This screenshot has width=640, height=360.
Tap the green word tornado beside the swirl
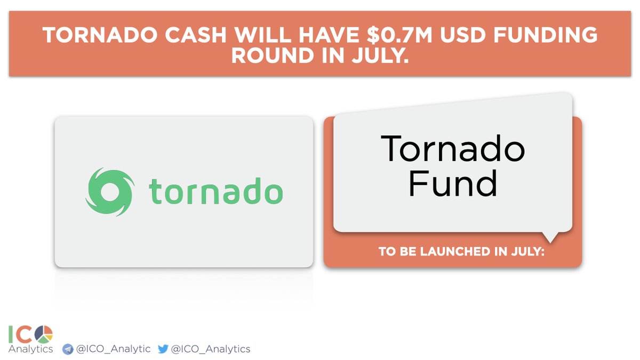point(215,191)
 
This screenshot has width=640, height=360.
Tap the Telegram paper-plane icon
point(68,349)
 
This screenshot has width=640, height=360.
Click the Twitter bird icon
point(163,349)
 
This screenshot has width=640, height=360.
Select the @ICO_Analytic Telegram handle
point(113,349)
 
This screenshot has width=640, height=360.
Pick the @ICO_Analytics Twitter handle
point(210,349)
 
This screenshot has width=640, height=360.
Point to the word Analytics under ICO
point(30,349)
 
